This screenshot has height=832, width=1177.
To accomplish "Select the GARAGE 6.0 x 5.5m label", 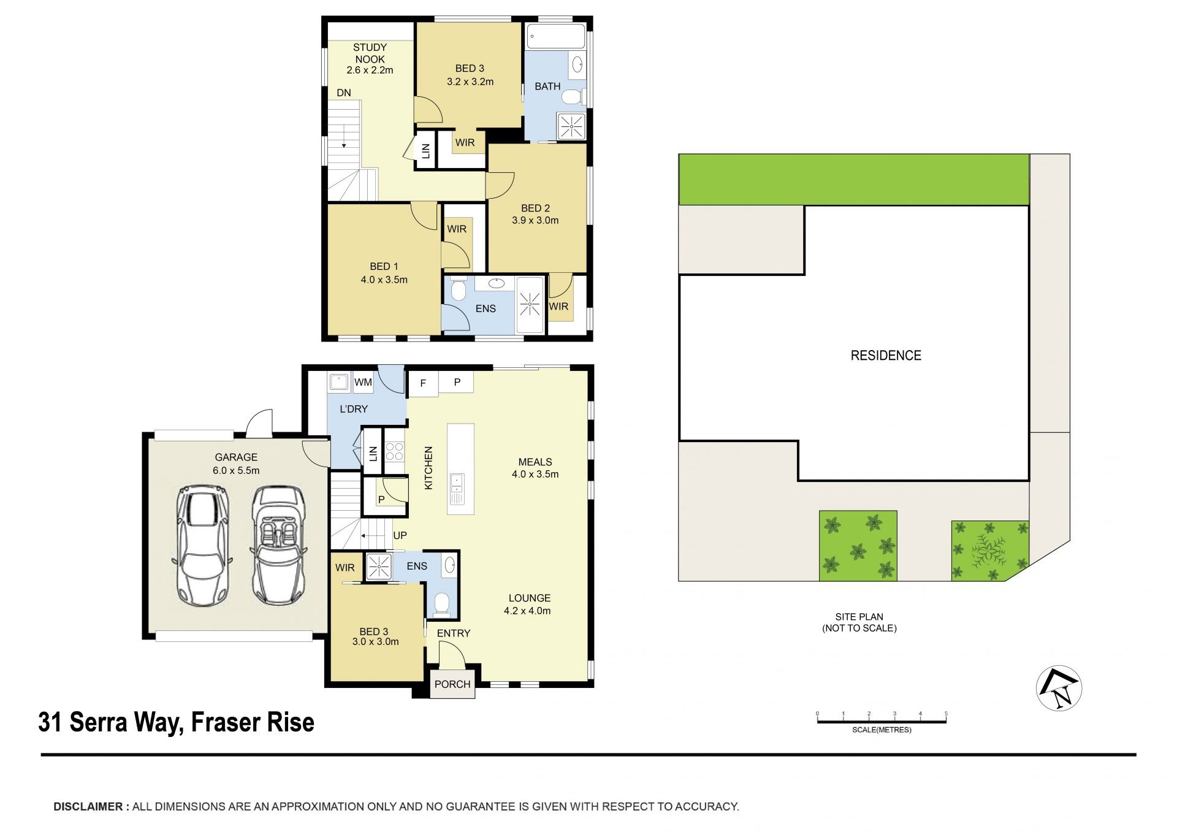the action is point(236,464).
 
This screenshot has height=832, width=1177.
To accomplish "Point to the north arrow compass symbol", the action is point(1059,688).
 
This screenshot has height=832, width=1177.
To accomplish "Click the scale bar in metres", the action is point(882,720).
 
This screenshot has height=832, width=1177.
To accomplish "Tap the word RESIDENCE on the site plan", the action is point(886,356).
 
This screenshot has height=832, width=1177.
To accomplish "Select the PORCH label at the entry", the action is point(452,684).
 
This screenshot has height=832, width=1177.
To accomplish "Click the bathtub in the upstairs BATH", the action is point(557,36).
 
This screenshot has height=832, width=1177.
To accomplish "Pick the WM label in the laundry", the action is point(363,382).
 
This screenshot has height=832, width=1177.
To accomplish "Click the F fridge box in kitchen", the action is point(423,384).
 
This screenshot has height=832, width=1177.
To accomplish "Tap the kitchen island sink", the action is point(457,484).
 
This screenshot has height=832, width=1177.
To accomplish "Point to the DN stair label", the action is point(344,93).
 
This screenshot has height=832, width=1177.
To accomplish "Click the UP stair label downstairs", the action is point(400,535).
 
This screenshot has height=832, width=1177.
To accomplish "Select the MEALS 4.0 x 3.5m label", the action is point(535,468).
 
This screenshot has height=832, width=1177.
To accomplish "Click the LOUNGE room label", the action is point(530,598).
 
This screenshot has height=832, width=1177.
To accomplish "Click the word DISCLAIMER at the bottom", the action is point(88,807).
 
